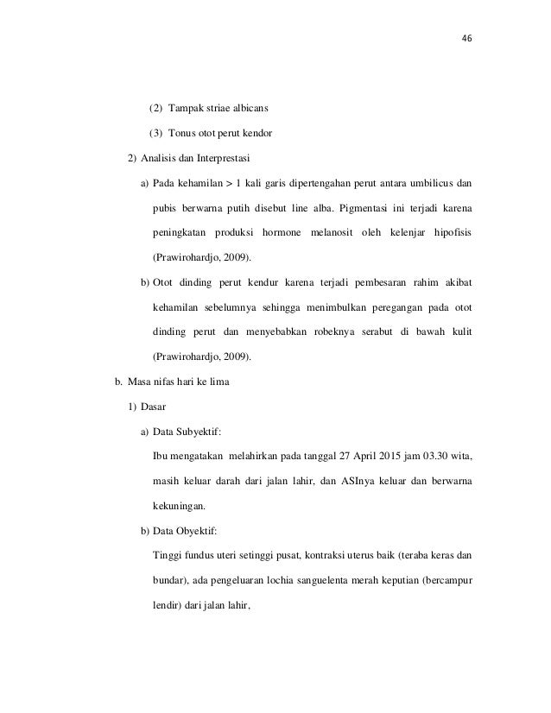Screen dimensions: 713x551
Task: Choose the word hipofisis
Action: [450, 233]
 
